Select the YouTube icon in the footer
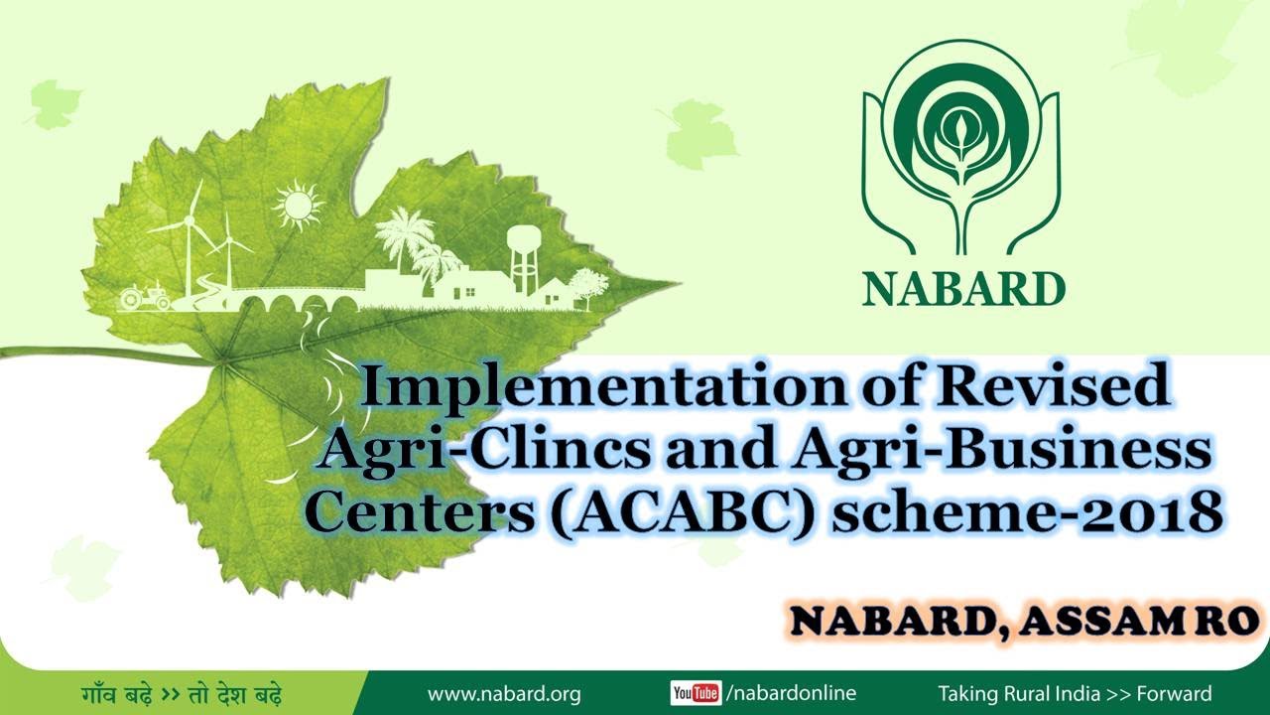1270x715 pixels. [696, 693]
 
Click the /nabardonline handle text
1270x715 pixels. [791, 693]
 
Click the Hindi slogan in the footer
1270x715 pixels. [183, 693]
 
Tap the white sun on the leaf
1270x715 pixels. [298, 206]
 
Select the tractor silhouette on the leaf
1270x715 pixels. [144, 297]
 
